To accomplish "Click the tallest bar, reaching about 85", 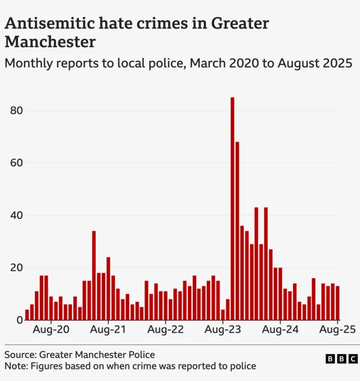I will tap(232, 208).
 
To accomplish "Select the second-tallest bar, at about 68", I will tap(237, 230).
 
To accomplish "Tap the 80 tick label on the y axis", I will tap(16, 111).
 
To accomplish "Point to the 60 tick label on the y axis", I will tap(16, 163).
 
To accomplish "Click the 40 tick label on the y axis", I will tap(16, 215).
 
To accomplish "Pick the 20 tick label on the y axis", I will tap(16, 267).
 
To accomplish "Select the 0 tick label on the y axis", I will tap(19, 320).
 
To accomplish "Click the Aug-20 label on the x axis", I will tap(51, 330).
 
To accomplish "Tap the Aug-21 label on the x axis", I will tap(108, 330).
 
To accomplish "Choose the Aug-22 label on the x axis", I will tap(165, 330).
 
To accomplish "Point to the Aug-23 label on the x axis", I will tap(223, 330).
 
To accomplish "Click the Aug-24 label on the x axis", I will tap(280, 330).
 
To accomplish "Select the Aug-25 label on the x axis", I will tap(337, 330).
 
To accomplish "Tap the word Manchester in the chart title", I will tap(50, 42).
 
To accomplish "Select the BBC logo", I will tap(341, 359).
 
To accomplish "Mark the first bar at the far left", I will tap(27, 315).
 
